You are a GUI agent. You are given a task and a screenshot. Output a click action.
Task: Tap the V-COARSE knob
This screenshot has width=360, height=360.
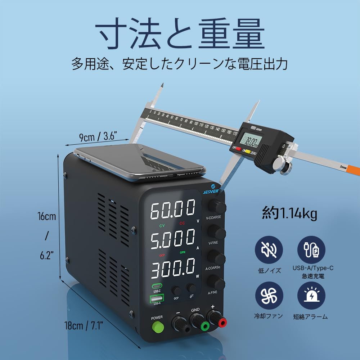coord(217,207)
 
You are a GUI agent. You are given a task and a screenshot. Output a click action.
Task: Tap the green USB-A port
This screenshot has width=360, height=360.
coord(157,298)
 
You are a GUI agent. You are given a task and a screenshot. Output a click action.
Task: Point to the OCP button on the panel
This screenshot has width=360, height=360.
coord(176,290)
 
